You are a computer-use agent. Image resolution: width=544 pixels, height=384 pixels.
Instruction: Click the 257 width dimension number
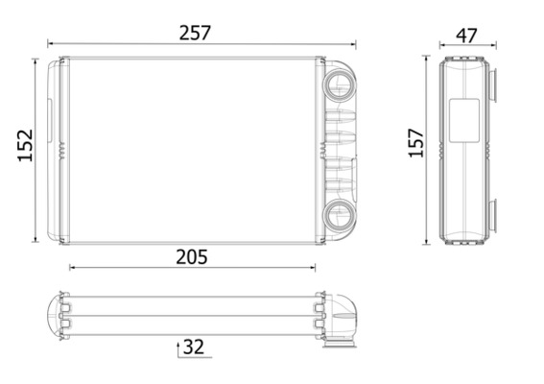pos(195,33)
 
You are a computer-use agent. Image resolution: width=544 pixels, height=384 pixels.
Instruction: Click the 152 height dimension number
pos(25,145)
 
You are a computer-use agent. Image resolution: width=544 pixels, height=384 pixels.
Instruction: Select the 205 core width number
pos(192,257)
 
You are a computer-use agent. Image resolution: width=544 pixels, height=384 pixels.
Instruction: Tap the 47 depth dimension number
pos(466,36)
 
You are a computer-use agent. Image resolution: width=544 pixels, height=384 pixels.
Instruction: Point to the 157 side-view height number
pos(416,143)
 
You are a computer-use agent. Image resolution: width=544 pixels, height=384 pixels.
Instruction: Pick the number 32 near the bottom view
pos(194,347)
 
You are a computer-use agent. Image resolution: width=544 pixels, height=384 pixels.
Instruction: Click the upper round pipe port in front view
pos(340,84)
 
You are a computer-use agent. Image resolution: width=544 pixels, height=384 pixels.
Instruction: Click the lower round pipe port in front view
pos(340,215)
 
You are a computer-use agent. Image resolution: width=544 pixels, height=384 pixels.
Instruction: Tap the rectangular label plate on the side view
pos(464,120)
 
